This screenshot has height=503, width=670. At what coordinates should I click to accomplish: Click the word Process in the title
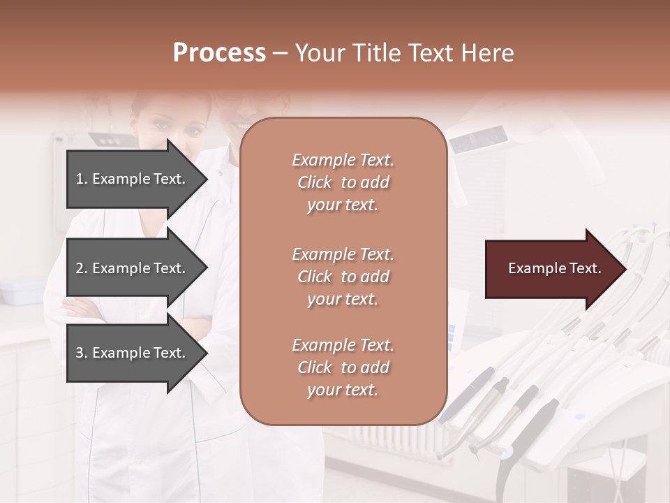[x=219, y=53]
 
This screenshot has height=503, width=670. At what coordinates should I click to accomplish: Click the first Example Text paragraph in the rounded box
[x=343, y=182]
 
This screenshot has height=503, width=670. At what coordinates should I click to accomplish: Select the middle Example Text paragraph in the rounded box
[x=343, y=277]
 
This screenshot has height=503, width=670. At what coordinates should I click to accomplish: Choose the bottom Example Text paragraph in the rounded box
[x=343, y=367]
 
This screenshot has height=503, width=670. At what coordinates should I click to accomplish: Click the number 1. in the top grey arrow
[x=82, y=179]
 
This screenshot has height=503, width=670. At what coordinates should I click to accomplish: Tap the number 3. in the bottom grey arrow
[x=82, y=353]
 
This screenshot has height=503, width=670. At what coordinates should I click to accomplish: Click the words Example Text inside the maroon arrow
[x=555, y=268]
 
